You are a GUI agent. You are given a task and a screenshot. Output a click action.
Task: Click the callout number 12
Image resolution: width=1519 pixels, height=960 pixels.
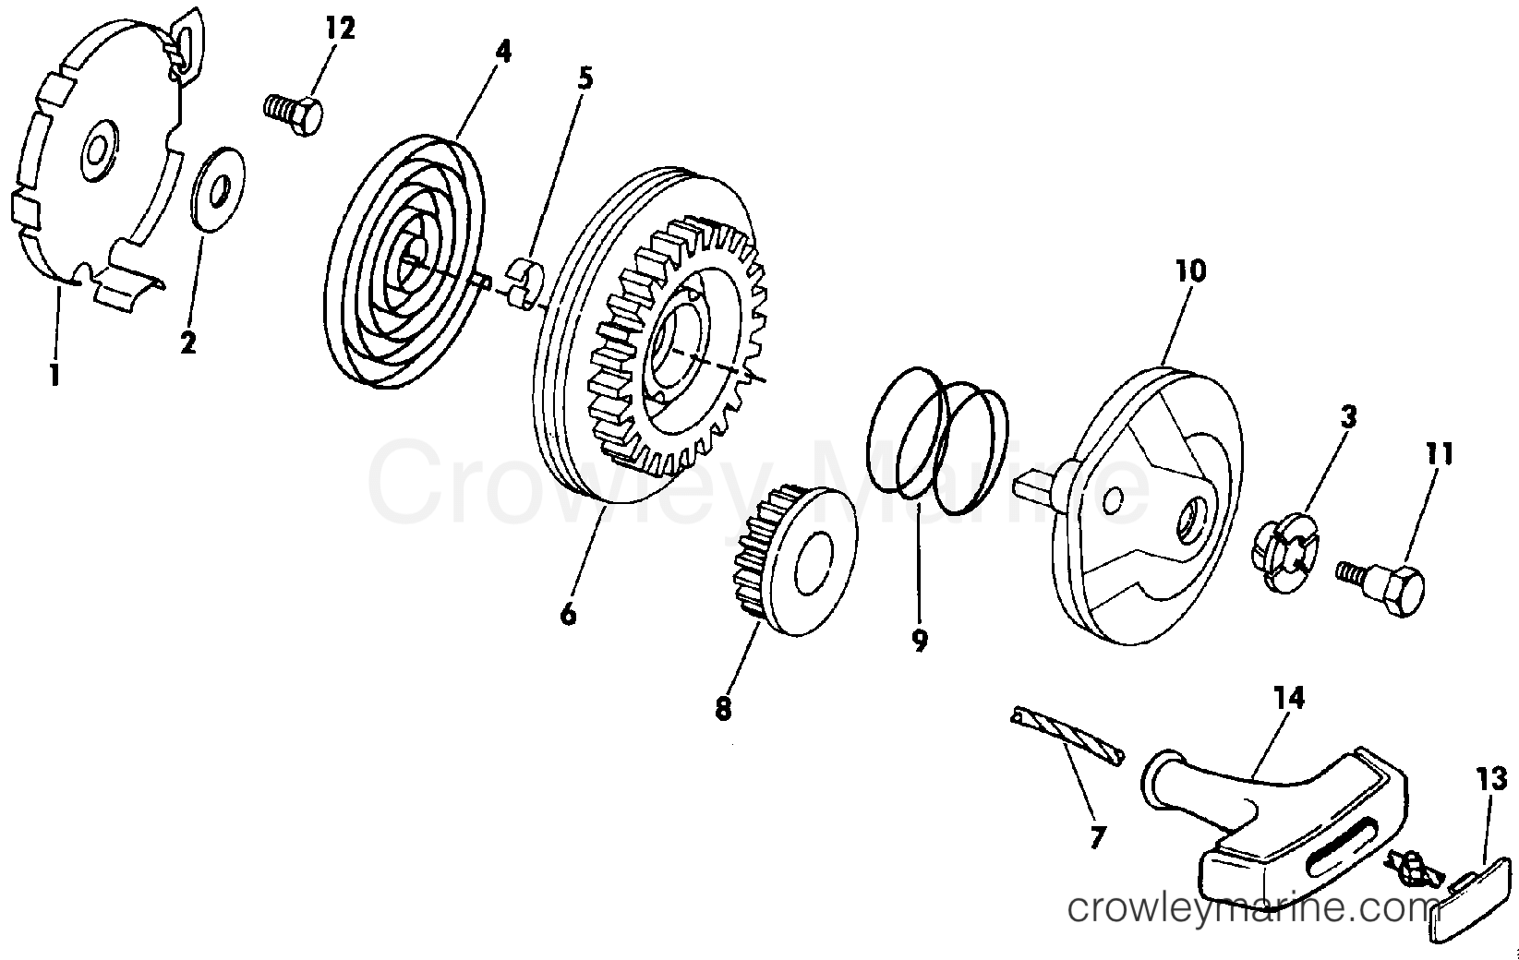click(340, 29)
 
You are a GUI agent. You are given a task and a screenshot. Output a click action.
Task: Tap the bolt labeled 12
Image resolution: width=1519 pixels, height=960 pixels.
click(293, 114)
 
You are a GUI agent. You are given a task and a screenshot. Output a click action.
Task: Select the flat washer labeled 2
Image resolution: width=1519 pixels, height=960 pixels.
click(218, 189)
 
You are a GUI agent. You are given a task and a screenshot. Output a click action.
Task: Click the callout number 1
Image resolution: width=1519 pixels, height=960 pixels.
click(54, 374)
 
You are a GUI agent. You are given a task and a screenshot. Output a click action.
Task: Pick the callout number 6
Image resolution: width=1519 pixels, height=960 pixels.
click(568, 614)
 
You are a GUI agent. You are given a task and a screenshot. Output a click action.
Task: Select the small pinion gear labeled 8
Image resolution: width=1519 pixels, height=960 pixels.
click(795, 560)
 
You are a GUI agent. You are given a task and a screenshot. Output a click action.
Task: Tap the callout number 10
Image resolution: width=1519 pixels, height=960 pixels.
click(1191, 271)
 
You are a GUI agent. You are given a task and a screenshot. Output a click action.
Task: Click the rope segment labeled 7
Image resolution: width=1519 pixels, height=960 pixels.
click(1067, 737)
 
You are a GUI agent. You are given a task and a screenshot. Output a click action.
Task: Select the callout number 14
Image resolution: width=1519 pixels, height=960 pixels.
click(1289, 698)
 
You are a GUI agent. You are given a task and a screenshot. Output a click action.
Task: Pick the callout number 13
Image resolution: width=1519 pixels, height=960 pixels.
click(1492, 779)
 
